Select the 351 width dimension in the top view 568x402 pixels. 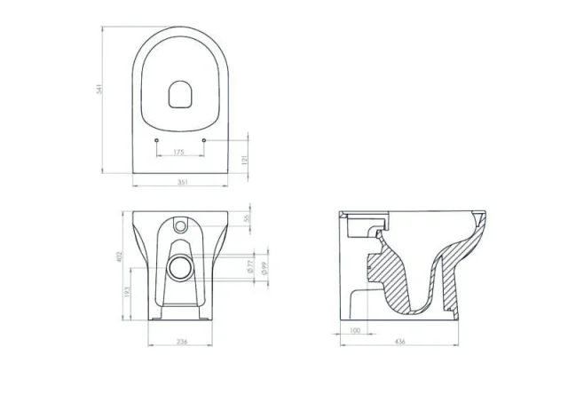(181, 182)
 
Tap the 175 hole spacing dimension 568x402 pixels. (180, 153)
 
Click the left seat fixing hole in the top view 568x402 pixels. (156, 141)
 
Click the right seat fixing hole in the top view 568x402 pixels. (205, 141)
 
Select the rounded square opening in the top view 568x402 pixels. (180, 91)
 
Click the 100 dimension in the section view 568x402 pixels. (355, 331)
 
